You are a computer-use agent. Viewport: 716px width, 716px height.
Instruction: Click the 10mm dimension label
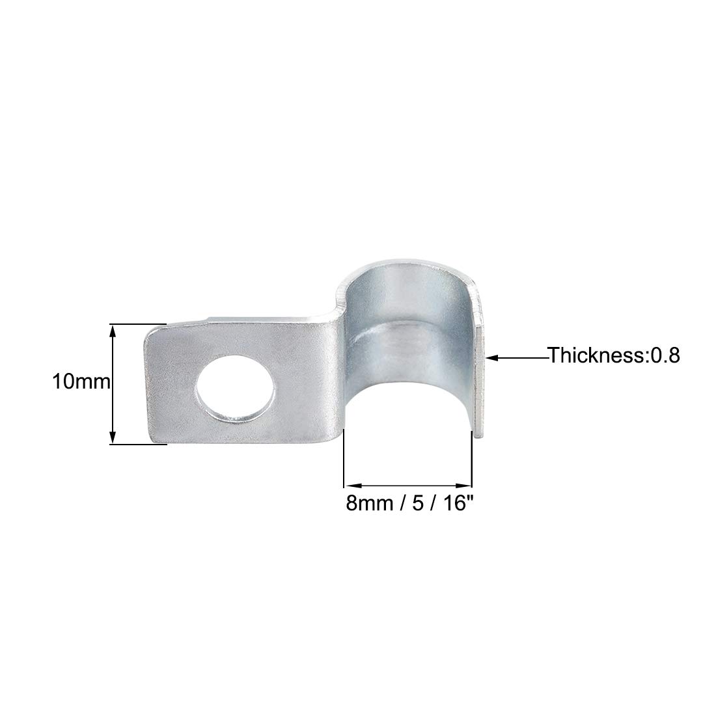81,381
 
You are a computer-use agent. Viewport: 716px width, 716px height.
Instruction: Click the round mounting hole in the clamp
236,385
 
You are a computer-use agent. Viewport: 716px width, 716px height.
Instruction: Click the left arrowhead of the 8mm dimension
351,485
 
